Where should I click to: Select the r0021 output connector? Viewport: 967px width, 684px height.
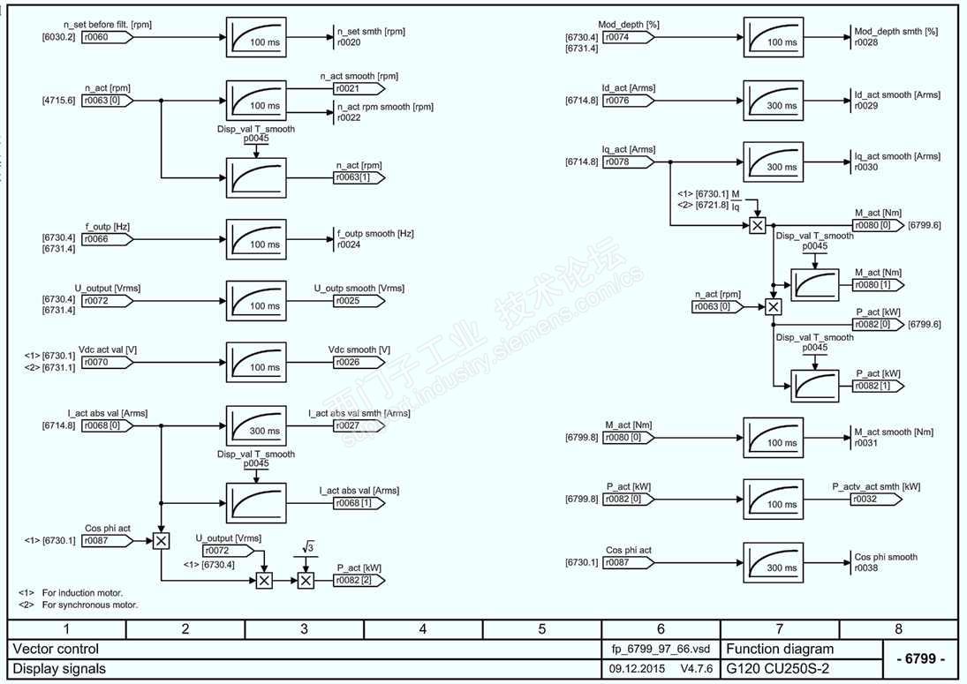[x=358, y=89]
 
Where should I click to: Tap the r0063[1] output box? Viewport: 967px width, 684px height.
[x=359, y=177]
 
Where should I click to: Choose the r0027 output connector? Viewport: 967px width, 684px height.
[x=358, y=425]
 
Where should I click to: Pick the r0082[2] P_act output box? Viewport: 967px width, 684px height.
[x=359, y=580]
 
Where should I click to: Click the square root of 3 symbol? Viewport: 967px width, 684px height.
[x=307, y=549]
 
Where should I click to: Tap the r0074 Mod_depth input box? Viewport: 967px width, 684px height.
[x=628, y=38]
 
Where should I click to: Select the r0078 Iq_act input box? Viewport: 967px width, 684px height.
[x=628, y=162]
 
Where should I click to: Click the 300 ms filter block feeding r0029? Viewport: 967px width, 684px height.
[x=774, y=101]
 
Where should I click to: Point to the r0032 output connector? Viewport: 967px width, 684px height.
[x=875, y=499]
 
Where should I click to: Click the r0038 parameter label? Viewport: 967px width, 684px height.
[x=866, y=568]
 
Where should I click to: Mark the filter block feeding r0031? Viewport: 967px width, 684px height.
[x=774, y=438]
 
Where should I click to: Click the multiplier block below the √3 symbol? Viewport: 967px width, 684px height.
[x=306, y=580]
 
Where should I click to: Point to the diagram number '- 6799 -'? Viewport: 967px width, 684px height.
[x=919, y=659]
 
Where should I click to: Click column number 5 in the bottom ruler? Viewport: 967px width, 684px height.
[x=541, y=629]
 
